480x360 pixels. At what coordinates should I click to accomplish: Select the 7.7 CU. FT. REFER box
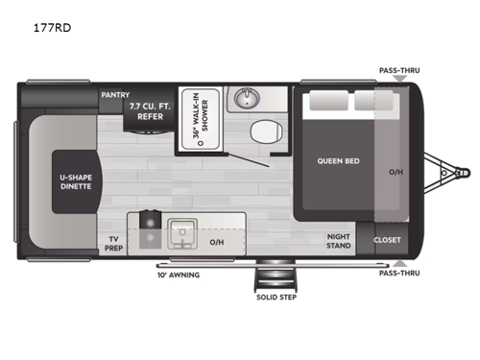click(150, 112)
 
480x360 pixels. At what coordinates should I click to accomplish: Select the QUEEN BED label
click(338, 160)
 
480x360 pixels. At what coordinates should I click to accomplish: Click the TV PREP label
click(114, 244)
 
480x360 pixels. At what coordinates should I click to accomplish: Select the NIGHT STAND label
click(338, 243)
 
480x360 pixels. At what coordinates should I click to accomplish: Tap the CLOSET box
click(388, 240)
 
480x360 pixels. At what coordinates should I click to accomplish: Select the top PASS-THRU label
click(399, 70)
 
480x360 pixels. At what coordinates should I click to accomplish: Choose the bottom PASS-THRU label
click(399, 274)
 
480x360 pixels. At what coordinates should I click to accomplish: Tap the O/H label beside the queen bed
click(396, 174)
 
